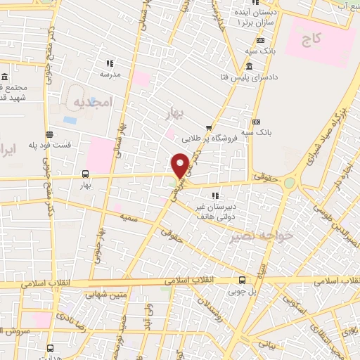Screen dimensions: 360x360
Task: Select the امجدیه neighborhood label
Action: coord(92,103)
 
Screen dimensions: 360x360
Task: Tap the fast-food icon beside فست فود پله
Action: coord(49,134)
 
